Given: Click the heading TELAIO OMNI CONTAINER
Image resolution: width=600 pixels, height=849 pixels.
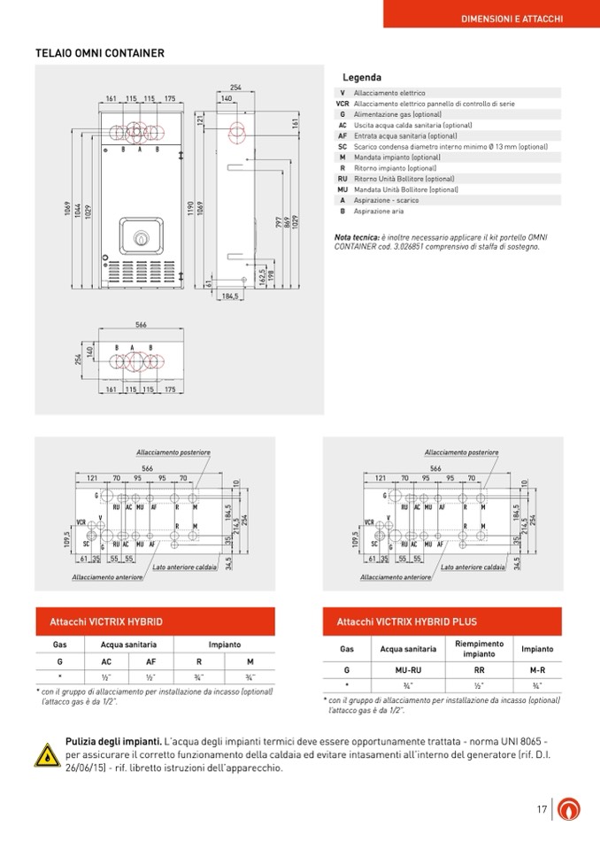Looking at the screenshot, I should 99,53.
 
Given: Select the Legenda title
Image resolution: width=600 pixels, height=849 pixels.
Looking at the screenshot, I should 362,78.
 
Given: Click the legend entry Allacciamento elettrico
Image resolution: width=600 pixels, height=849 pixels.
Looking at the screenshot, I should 389,93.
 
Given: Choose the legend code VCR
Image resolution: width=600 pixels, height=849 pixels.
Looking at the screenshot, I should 342,104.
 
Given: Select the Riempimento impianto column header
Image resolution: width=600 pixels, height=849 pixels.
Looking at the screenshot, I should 479,649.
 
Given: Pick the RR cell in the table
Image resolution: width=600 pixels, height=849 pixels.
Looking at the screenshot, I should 479,670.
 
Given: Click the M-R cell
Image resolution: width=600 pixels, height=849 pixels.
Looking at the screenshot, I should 537,670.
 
